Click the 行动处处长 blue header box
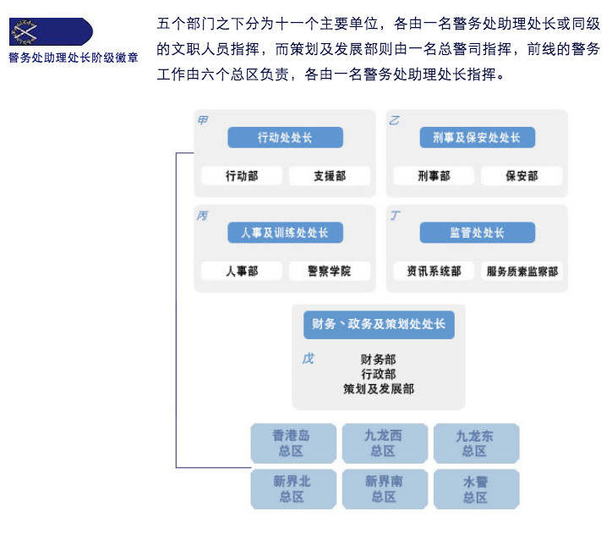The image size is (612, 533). (x=285, y=137)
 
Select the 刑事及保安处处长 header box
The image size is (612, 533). (x=477, y=137)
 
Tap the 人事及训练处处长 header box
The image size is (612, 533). (x=285, y=233)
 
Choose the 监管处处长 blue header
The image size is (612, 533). (x=477, y=233)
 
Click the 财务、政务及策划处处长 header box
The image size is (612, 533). (x=378, y=325)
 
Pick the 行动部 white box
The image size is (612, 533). (x=241, y=176)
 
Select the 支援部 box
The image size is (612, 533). (x=329, y=176)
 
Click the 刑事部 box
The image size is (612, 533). (x=434, y=176)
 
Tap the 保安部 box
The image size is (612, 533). (x=522, y=176)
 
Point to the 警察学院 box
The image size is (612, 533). (x=329, y=272)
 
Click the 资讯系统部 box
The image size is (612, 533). (x=434, y=272)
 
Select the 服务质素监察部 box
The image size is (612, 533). (x=522, y=272)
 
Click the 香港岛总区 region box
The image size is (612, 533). (x=292, y=443)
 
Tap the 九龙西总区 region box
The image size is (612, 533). (x=384, y=443)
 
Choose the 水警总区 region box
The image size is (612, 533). (x=475, y=489)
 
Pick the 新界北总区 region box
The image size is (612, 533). (x=292, y=489)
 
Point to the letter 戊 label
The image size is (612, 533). (x=308, y=359)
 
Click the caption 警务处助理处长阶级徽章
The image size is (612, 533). (x=74, y=58)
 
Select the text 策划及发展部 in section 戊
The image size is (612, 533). (x=378, y=389)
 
